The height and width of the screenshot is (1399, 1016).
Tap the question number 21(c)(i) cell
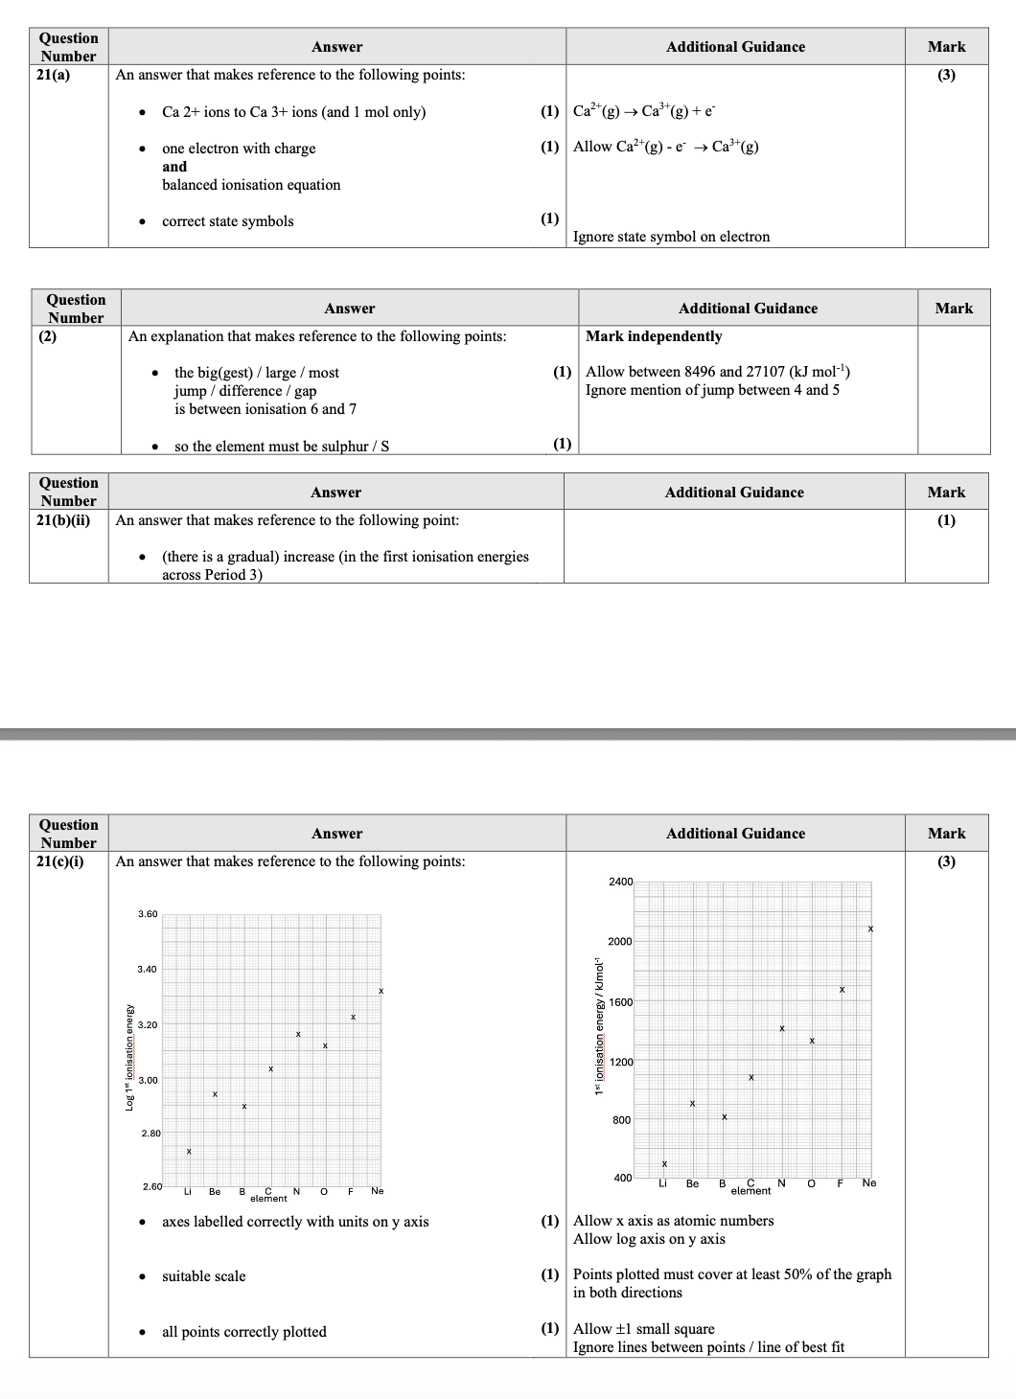coord(59,861)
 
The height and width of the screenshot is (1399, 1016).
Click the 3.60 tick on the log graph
coord(147,914)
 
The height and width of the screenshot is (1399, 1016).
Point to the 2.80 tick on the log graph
coord(151,1134)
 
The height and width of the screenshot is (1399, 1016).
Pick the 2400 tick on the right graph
coord(620,882)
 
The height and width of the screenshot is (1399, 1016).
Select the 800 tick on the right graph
coord(622,1120)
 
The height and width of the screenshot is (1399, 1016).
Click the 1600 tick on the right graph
coord(621,1002)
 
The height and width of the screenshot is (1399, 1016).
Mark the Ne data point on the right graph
coord(870,929)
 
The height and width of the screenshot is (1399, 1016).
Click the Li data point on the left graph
coord(189,1151)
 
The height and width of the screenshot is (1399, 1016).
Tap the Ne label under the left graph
coord(377,1191)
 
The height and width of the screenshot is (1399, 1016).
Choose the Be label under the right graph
coord(692,1183)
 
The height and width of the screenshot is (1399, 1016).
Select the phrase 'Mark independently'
coord(654,336)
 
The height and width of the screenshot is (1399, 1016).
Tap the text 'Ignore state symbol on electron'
coord(671,237)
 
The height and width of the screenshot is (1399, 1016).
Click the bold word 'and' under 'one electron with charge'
coord(174,167)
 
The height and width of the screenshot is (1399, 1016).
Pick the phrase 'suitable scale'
coord(203,1276)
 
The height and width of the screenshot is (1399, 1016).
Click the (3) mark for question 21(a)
coord(946,75)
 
